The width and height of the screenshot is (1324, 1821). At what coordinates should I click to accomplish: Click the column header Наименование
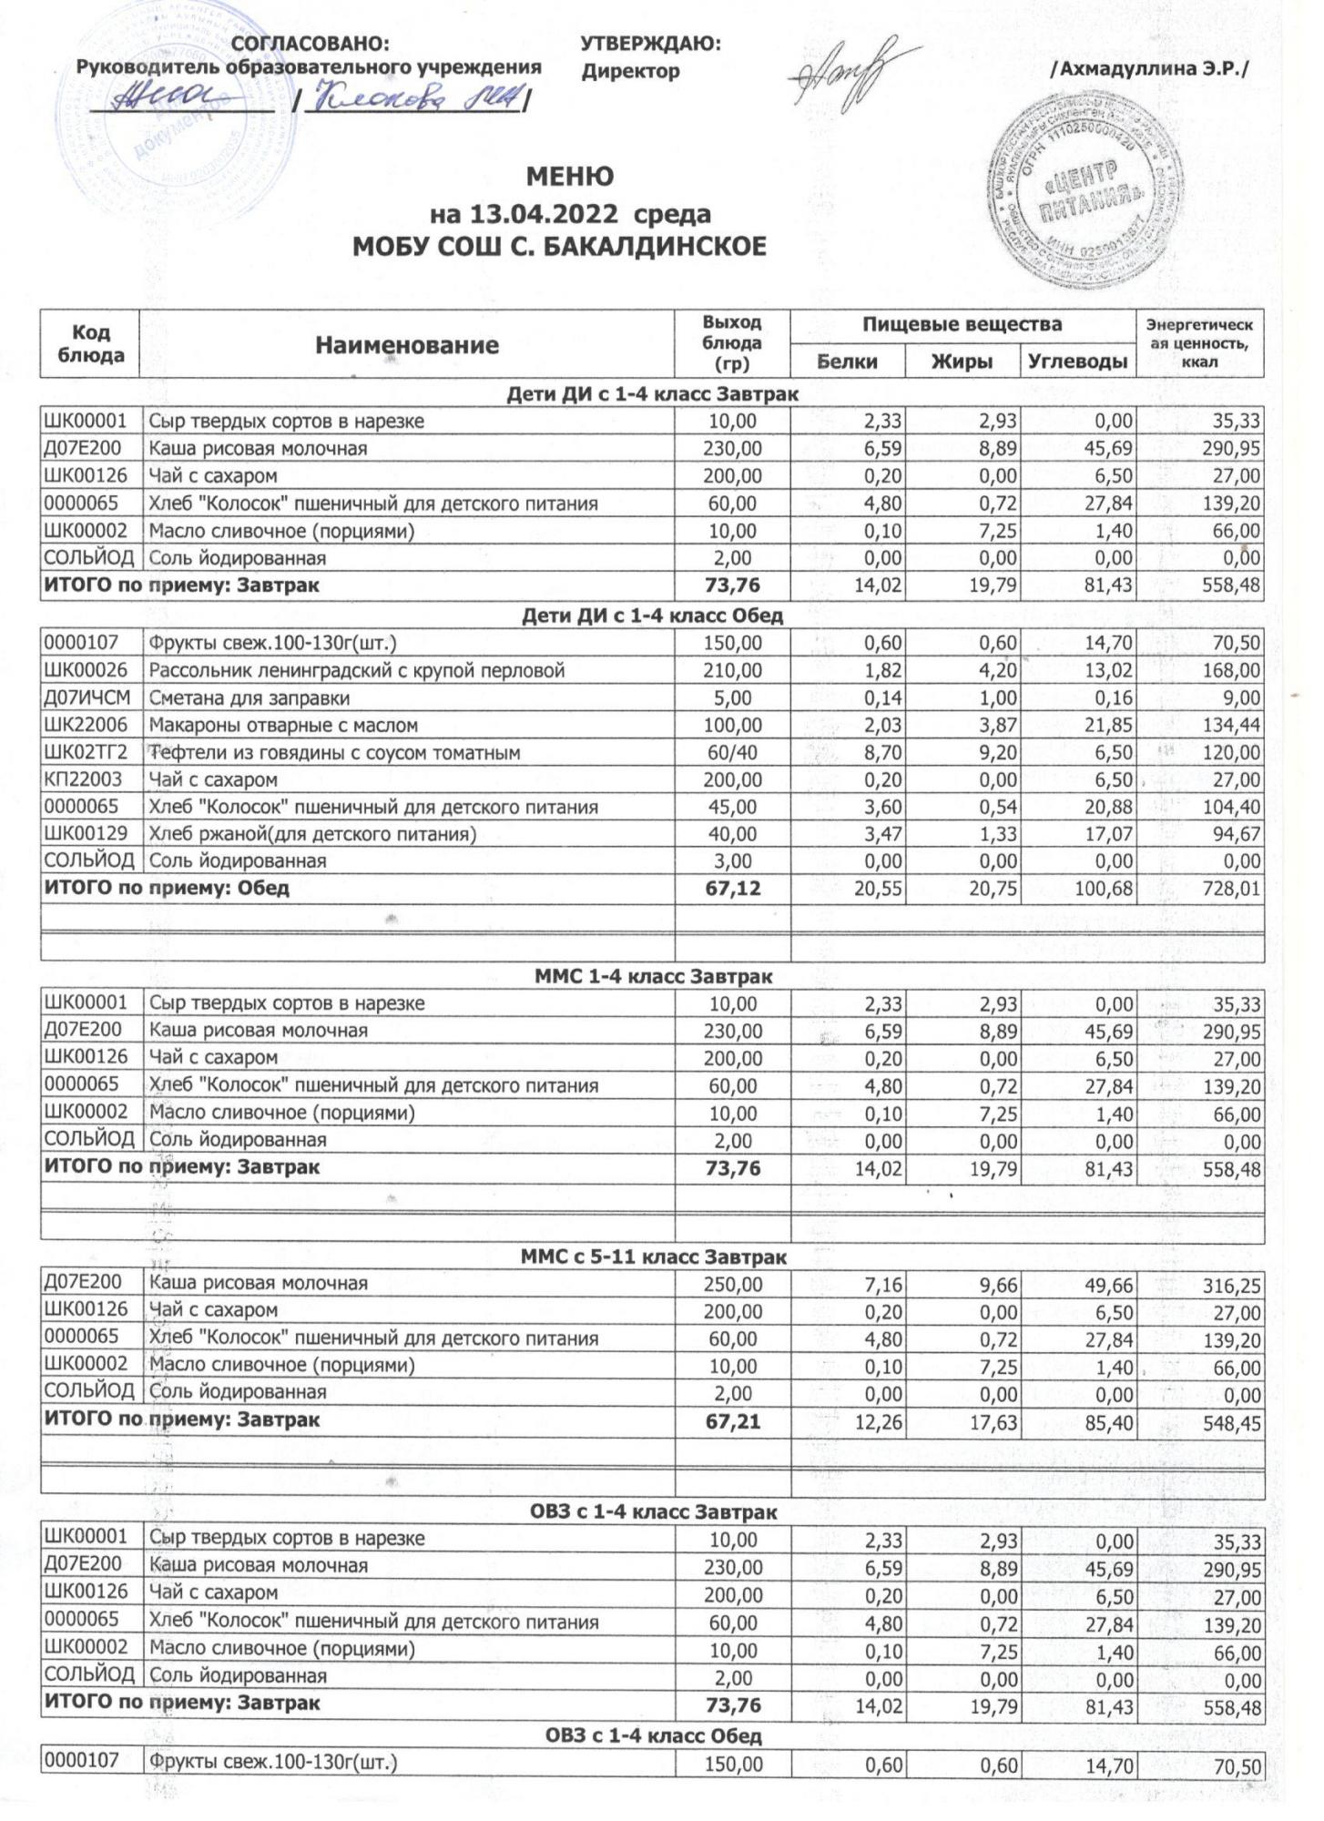pos(407,345)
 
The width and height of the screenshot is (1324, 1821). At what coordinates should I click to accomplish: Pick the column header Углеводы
pos(1077,361)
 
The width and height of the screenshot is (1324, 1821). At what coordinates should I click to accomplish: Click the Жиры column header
pos(962,361)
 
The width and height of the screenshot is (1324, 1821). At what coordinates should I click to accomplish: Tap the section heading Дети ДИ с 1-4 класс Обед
pos(651,615)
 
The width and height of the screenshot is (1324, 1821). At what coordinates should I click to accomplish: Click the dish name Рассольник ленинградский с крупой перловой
pos(357,671)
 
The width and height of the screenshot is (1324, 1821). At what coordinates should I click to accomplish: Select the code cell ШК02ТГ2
pos(87,753)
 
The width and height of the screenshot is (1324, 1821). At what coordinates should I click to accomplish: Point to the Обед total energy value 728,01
pos(1231,889)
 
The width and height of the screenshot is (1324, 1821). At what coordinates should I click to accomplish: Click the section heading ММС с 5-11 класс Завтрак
pos(653,1257)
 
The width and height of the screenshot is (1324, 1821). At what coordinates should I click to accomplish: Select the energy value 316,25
pos(1231,1285)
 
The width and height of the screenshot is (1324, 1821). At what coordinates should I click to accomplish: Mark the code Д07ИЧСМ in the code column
pos(87,698)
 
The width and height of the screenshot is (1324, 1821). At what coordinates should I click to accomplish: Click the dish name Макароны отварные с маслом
pos(283,726)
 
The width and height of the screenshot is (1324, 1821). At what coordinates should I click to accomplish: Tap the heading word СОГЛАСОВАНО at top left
pos(311,44)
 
